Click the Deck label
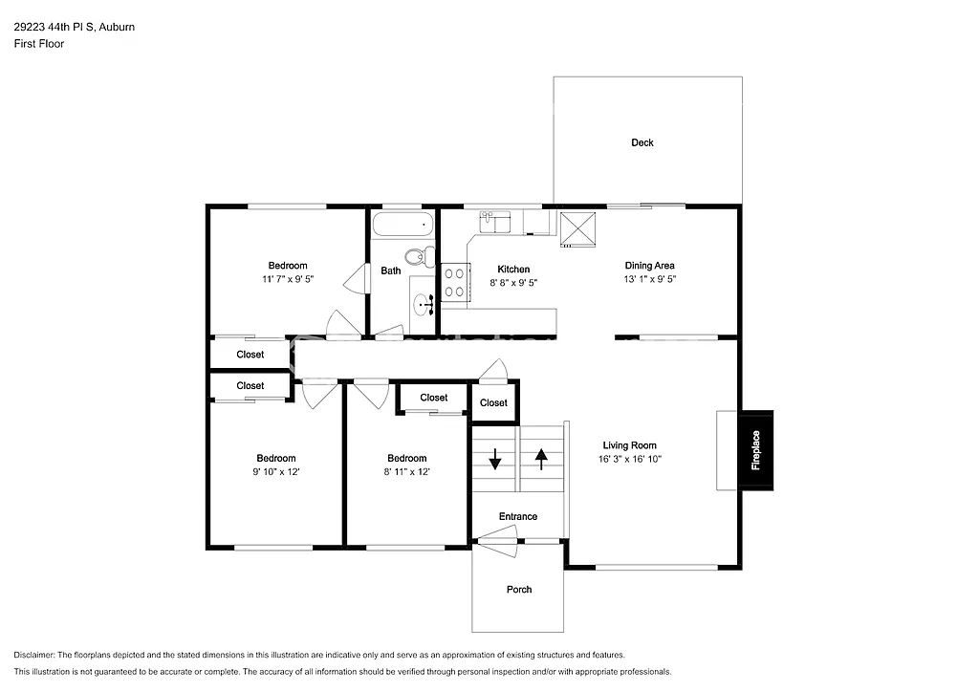[642, 142]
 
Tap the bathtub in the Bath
[402, 226]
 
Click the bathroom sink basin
[423, 306]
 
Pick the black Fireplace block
[755, 450]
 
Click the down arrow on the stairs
[495, 460]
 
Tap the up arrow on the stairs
[541, 459]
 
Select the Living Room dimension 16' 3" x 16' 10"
[629, 459]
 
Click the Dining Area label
[650, 266]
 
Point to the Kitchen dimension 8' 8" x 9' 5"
[513, 283]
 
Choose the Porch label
[519, 590]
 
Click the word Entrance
[518, 517]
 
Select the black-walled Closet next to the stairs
[494, 402]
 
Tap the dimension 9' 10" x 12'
[275, 472]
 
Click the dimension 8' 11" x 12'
[407, 472]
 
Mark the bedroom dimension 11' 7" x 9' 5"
[288, 279]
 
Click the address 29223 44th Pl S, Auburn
[74, 27]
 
